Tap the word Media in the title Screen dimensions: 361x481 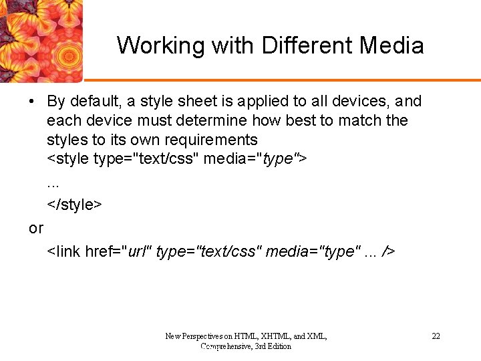(x=391, y=46)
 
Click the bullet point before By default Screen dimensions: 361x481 (x=32, y=102)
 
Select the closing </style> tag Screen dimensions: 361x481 (x=74, y=205)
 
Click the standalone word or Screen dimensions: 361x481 (x=36, y=229)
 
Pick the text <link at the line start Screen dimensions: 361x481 (x=64, y=252)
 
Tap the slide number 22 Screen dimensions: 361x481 (x=436, y=336)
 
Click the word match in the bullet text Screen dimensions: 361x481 (x=361, y=121)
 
